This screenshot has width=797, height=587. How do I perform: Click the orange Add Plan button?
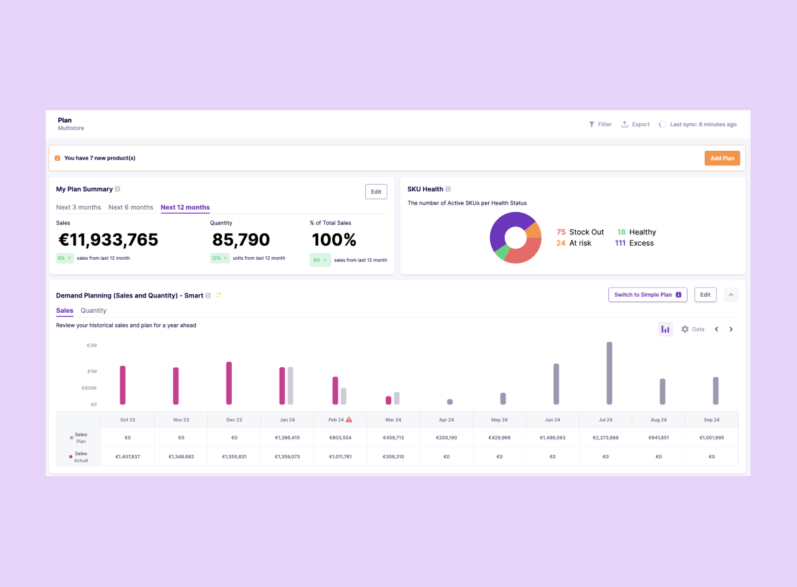tap(722, 158)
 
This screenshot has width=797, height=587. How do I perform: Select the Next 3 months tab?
tap(78, 207)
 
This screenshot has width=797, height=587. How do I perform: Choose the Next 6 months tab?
tap(131, 207)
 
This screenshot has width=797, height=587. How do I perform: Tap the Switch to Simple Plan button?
tap(648, 295)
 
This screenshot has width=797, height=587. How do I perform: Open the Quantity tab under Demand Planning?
tap(94, 311)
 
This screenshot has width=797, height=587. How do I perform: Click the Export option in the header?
tap(636, 124)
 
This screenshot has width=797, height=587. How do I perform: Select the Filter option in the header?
tap(600, 124)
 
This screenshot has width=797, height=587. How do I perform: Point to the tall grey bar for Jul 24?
tap(609, 373)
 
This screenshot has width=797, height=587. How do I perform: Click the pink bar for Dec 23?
tap(229, 383)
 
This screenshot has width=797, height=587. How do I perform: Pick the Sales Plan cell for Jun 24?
tap(552, 438)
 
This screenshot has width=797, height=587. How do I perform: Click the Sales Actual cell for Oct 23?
tap(128, 457)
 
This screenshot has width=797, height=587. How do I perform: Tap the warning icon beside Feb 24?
tap(349, 420)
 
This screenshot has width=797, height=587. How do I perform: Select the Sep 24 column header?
tap(711, 420)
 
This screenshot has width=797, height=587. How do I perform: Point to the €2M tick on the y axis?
tap(92, 345)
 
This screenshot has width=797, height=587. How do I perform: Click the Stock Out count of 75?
tap(561, 232)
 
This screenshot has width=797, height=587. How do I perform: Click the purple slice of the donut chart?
tap(508, 222)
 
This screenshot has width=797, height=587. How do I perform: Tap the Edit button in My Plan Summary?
tap(376, 192)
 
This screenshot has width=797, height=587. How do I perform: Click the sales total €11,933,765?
tap(108, 240)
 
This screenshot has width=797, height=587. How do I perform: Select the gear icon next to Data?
tap(685, 329)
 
